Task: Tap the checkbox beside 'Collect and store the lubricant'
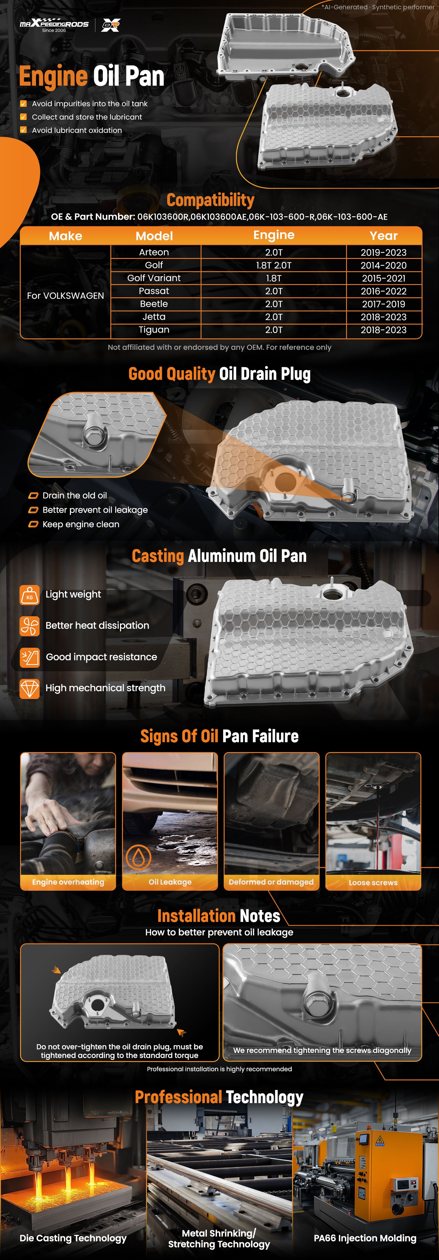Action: pyautogui.click(x=23, y=117)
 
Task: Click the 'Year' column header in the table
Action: pyautogui.click(x=384, y=236)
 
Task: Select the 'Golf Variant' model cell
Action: pyautogui.click(x=154, y=278)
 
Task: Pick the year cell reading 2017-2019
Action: pyautogui.click(x=384, y=304)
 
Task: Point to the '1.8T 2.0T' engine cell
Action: pyautogui.click(x=274, y=265)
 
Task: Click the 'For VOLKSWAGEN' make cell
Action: pyautogui.click(x=65, y=295)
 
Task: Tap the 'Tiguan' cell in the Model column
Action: pyautogui.click(x=154, y=330)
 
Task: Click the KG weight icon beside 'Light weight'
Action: pyautogui.click(x=30, y=595)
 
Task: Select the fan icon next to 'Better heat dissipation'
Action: pyautogui.click(x=30, y=625)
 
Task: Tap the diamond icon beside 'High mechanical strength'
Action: pyautogui.click(x=30, y=688)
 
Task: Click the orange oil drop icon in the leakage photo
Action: pyautogui.click(x=139, y=857)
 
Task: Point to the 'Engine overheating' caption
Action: pyautogui.click(x=68, y=882)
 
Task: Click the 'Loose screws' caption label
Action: pyautogui.click(x=373, y=882)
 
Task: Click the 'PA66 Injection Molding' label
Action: pyautogui.click(x=365, y=1238)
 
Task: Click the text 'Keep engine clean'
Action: pyautogui.click(x=81, y=524)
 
